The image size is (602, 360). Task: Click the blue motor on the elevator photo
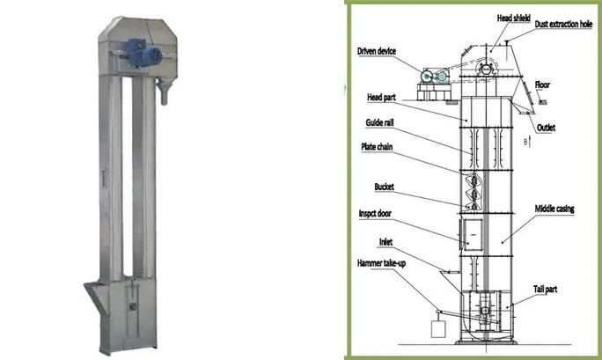143,52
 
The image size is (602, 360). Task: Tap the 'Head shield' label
513,18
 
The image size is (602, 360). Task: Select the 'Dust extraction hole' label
563,24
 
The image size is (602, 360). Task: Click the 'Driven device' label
377,51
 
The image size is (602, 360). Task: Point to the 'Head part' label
381,98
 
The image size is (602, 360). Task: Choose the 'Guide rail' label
379,123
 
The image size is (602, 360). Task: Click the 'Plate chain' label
377,147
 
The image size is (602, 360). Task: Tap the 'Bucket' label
384,187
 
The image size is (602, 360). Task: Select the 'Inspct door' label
375,214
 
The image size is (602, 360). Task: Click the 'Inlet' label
385,242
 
